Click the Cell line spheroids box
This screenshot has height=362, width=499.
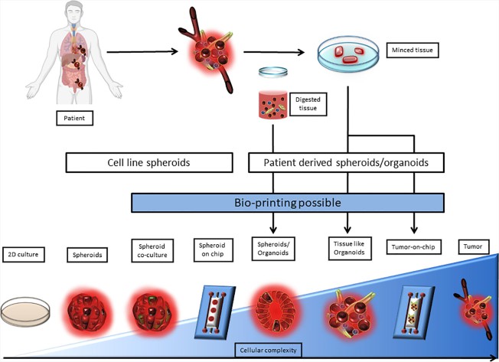coord(149,162)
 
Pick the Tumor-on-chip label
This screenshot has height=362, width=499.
coord(416,248)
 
